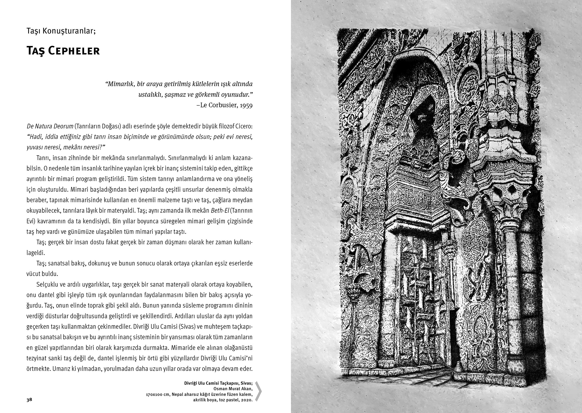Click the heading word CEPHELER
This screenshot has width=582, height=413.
coord(74,51)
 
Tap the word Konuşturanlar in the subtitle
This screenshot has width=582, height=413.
coord(69,31)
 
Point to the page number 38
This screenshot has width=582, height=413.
coord(29,400)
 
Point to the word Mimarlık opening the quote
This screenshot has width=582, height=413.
coord(120,84)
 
